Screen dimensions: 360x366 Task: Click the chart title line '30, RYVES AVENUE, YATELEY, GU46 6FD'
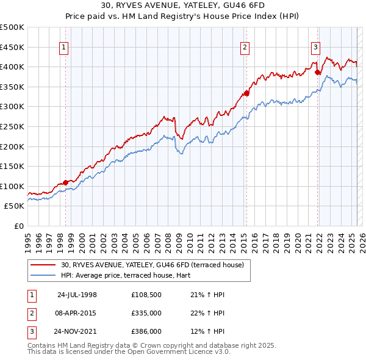click(183, 6)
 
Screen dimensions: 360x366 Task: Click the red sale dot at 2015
click(247, 93)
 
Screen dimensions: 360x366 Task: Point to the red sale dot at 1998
click(66, 182)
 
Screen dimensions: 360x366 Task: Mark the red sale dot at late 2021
click(318, 72)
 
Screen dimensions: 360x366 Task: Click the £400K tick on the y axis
click(13, 67)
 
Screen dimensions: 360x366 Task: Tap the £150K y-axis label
click(13, 166)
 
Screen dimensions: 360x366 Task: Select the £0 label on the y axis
click(18, 226)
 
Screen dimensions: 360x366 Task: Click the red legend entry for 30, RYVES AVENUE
click(152, 265)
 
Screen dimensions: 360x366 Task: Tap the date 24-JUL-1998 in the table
click(77, 295)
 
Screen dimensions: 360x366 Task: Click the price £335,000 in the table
click(146, 313)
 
